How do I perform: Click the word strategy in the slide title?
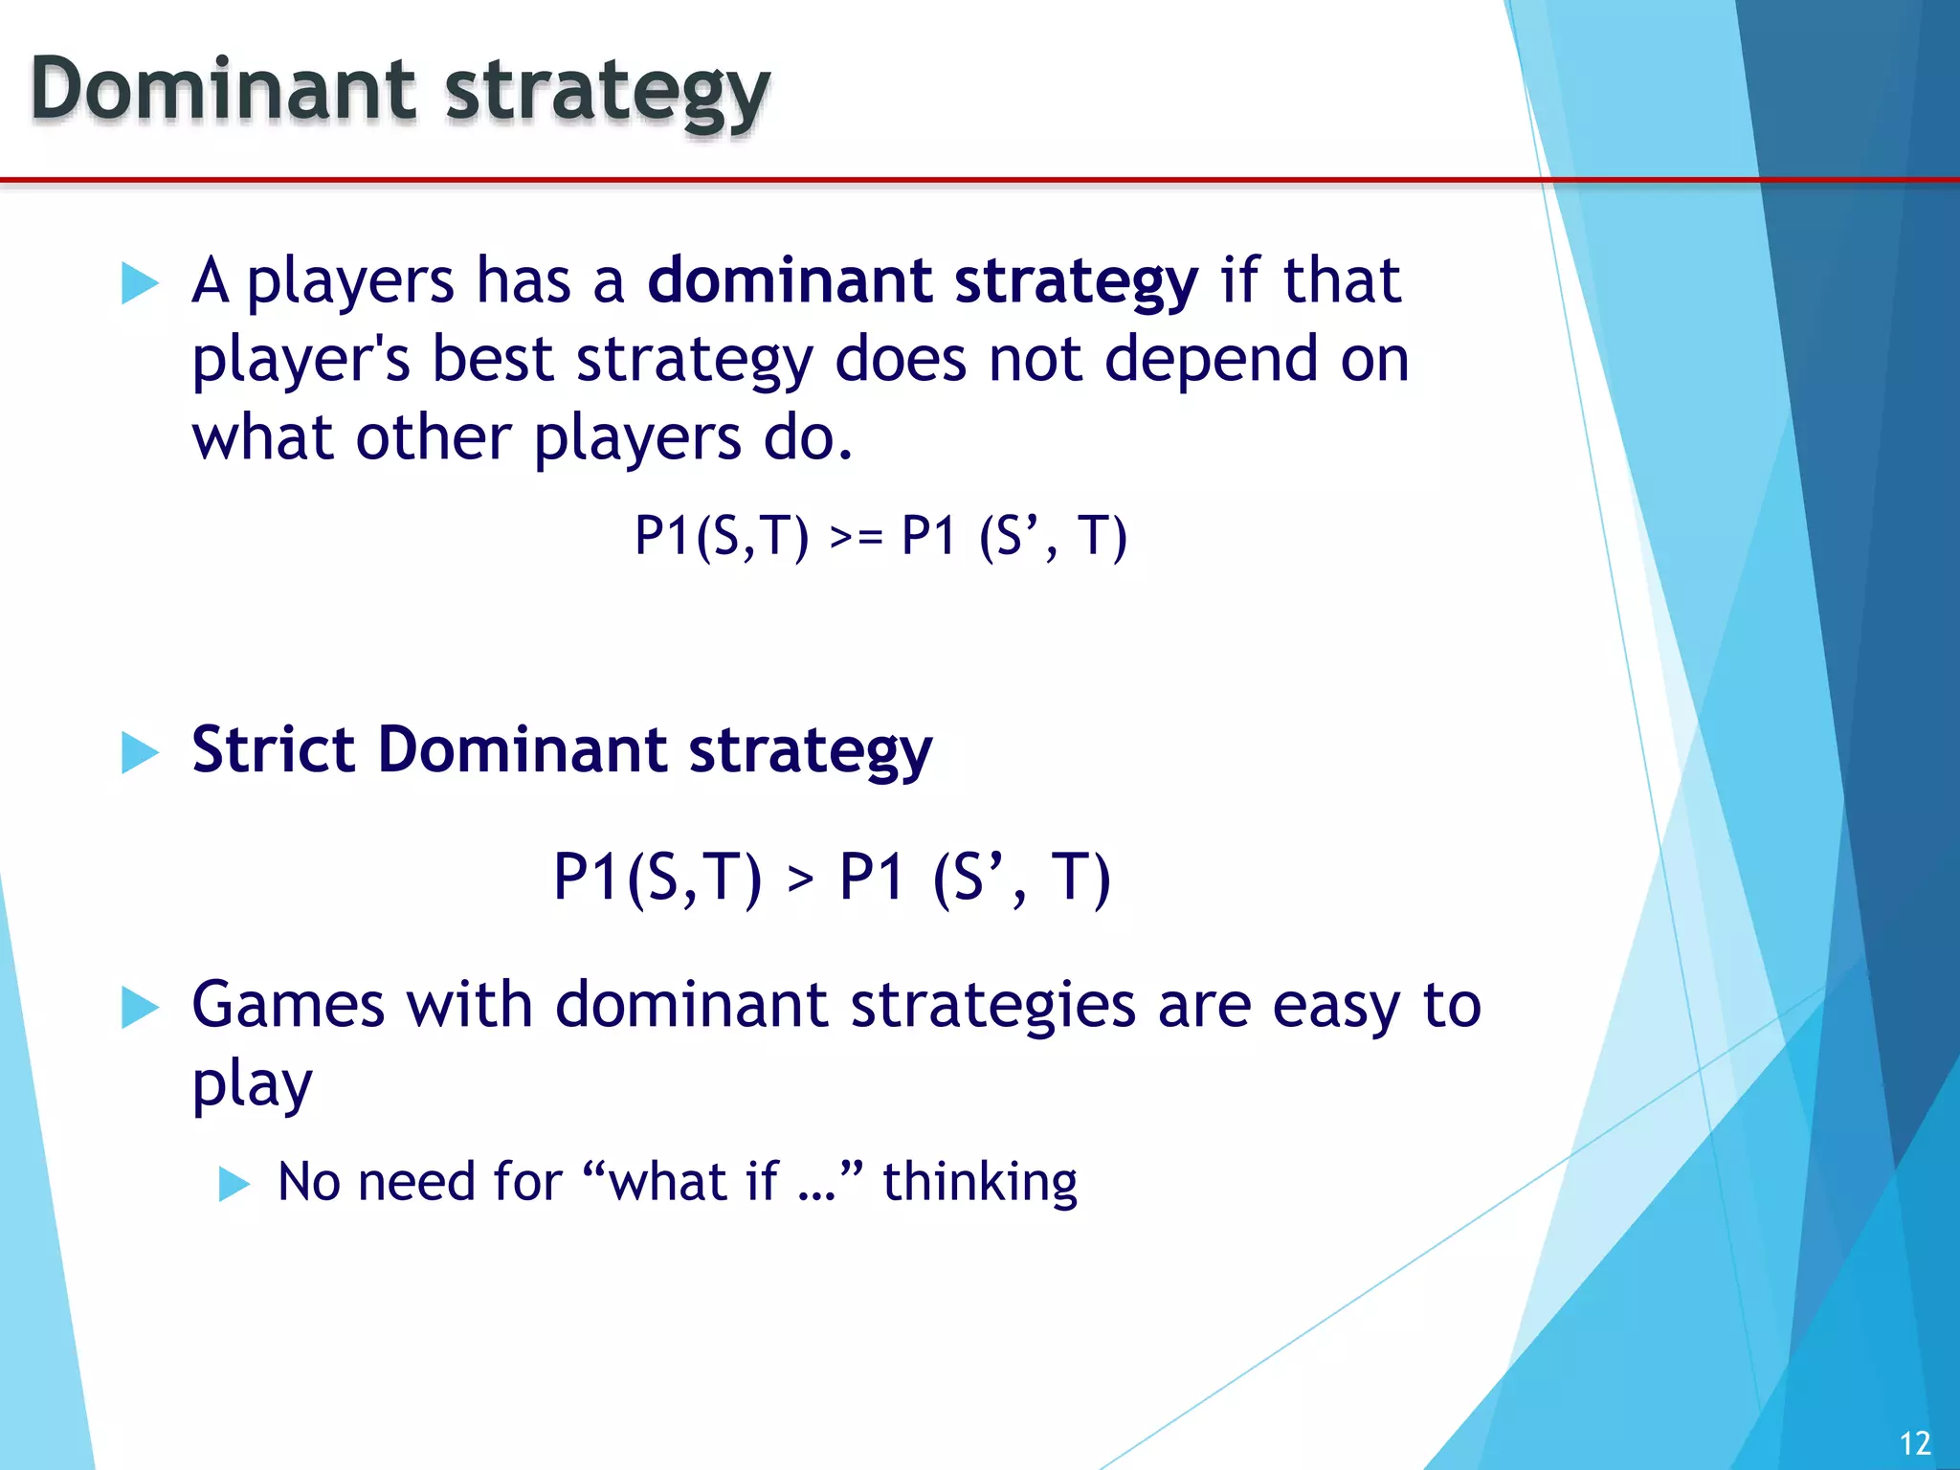click(x=608, y=93)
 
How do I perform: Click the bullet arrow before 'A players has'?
click(x=140, y=283)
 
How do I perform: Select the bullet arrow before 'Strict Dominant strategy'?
click(x=140, y=752)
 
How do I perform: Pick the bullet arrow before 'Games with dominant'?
click(x=140, y=1008)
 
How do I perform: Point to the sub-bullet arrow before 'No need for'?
click(x=234, y=1184)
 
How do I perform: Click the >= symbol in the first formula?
click(x=856, y=538)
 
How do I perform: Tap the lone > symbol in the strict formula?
click(x=800, y=879)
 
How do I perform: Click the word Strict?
click(x=272, y=749)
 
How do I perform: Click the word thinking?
click(x=979, y=1183)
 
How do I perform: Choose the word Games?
click(x=288, y=1005)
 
